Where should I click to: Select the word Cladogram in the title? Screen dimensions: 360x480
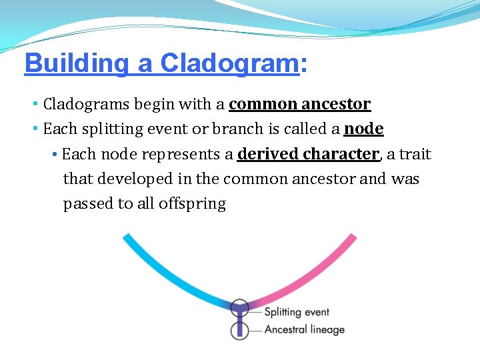tap(229, 63)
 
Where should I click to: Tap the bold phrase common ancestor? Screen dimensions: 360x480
tap(299, 104)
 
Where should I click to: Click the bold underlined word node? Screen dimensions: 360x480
tap(363, 129)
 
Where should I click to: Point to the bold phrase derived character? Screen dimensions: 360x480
tap(308, 154)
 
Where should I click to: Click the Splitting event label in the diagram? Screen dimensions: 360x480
tap(297, 312)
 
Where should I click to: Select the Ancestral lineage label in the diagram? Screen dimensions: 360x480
tap(304, 329)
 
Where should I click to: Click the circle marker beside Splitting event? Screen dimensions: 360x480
tap(239, 308)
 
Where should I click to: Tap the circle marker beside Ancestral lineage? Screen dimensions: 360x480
tap(239, 330)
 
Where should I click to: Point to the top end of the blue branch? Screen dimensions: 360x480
tap(127, 237)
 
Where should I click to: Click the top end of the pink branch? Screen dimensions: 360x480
tap(353, 237)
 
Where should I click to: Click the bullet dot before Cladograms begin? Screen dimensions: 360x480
tap(35, 104)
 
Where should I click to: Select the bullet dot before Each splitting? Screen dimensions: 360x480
tap(35, 129)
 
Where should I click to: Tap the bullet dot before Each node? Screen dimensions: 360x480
tap(54, 154)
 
